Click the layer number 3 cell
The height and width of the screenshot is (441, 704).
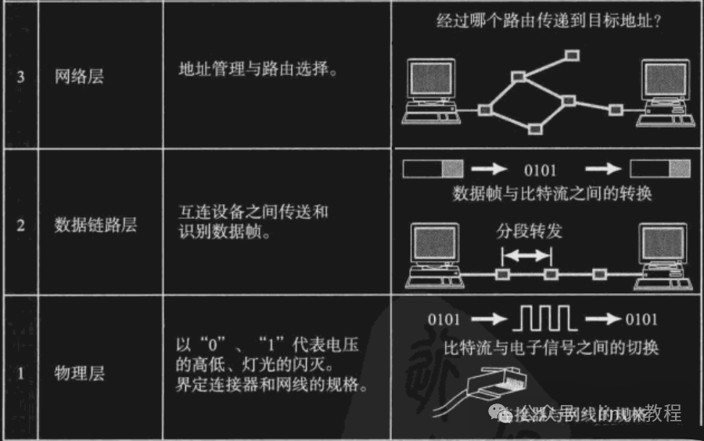[20, 77]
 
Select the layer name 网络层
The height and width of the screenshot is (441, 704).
[80, 77]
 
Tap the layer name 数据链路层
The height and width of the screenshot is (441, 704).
[95, 225]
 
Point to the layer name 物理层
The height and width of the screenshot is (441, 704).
[80, 372]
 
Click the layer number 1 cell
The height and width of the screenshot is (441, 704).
[20, 372]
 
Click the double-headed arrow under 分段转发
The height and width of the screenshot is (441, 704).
[526, 254]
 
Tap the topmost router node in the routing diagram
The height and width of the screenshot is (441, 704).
[573, 55]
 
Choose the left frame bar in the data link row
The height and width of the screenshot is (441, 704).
[433, 168]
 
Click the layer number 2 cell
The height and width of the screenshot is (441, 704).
[20, 225]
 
